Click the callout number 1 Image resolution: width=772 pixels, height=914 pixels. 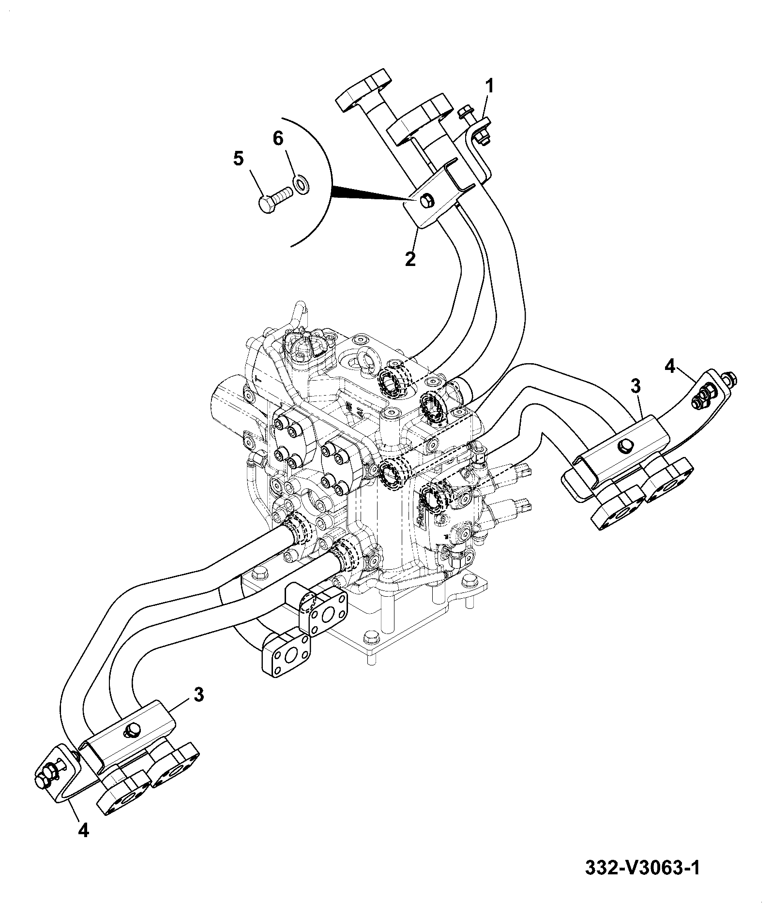[x=489, y=87]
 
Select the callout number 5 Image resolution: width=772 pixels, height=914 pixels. [x=239, y=159]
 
